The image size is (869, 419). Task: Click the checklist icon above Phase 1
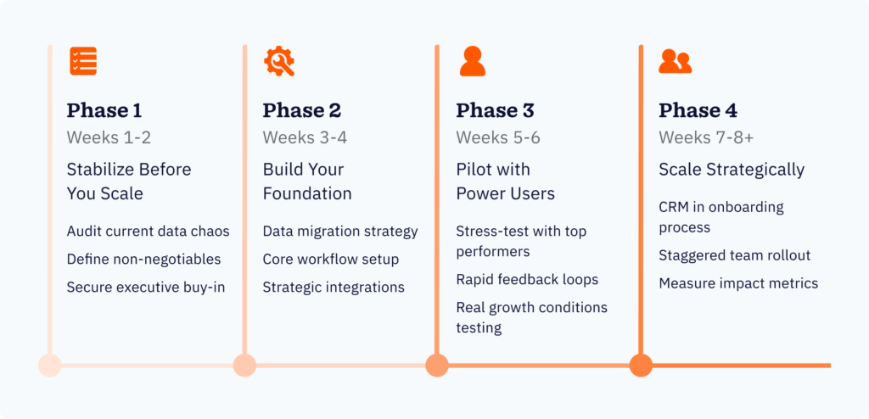(83, 61)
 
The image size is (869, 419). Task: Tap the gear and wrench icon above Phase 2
(278, 61)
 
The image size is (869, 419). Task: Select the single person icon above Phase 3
(472, 61)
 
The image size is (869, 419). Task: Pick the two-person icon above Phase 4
(675, 61)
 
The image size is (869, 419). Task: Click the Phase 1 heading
(104, 110)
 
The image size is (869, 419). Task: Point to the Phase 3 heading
(495, 110)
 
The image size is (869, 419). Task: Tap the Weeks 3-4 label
(305, 137)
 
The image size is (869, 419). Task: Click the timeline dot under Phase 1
(50, 366)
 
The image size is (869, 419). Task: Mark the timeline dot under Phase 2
(244, 366)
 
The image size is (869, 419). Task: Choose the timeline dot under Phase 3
(437, 366)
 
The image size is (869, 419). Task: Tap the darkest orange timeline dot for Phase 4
(641, 366)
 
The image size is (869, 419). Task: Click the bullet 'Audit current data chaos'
(148, 232)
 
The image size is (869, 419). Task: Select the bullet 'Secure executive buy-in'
(146, 288)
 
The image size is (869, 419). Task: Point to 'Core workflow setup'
(330, 260)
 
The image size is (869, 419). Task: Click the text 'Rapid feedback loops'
(527, 280)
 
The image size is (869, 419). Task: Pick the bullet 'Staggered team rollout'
(734, 255)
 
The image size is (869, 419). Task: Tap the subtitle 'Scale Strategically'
(732, 170)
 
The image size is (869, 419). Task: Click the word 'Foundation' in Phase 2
(307, 193)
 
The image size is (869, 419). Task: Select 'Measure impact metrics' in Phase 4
(738, 283)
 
